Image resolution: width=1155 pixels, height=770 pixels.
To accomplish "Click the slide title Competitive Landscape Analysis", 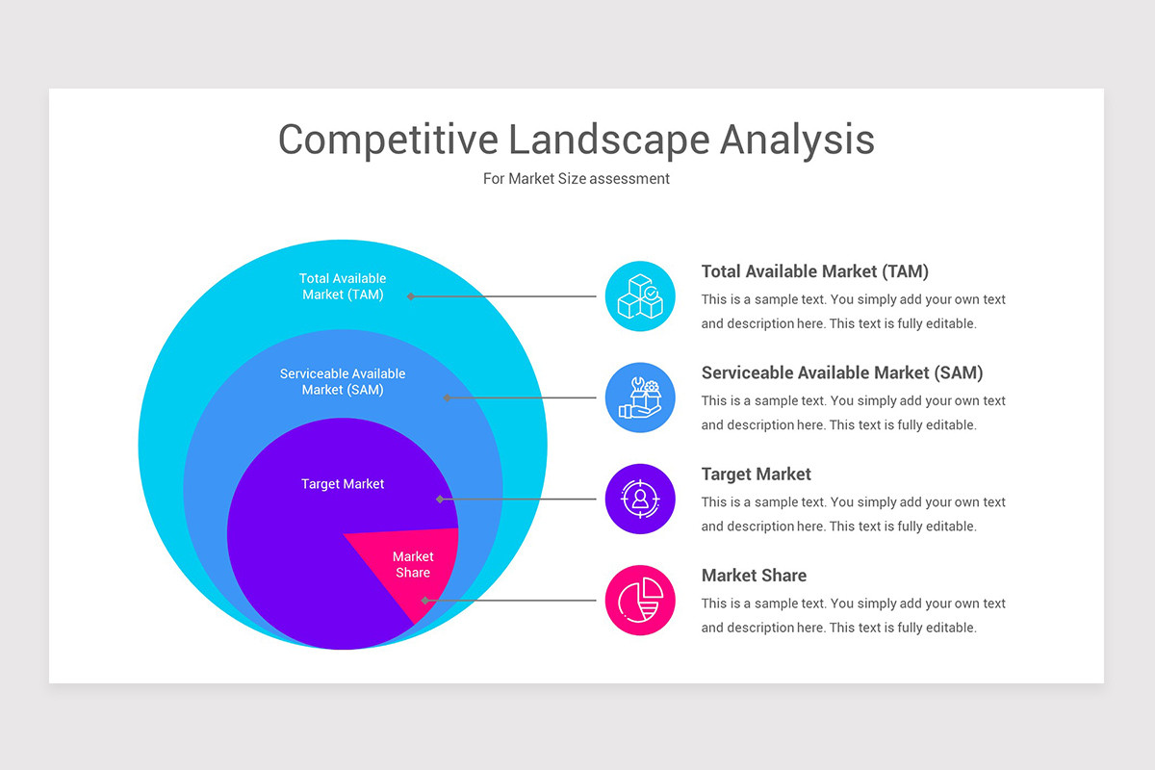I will [576, 140].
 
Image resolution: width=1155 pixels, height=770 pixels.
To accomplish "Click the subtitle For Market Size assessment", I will [576, 179].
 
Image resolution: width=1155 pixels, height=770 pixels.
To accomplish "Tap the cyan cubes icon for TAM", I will [640, 296].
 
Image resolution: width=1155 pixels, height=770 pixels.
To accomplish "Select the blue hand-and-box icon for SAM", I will [640, 398].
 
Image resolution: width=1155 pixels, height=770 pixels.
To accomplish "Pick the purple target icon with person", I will [640, 499].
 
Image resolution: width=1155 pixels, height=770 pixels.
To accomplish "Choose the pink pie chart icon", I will [640, 601].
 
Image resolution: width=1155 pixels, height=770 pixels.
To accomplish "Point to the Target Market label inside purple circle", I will [343, 484].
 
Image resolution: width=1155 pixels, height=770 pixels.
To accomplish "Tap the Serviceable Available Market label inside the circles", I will [343, 381].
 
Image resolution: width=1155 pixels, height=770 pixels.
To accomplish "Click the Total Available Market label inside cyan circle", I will [343, 287].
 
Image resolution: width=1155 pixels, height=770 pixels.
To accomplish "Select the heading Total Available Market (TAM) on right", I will [814, 271].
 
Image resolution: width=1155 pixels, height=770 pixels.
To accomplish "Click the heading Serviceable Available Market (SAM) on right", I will [841, 372].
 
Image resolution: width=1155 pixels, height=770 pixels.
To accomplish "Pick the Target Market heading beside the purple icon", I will [756, 475].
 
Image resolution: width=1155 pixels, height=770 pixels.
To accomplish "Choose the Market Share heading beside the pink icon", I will [754, 576].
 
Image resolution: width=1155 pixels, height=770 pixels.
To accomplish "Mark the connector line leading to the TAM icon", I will [505, 296].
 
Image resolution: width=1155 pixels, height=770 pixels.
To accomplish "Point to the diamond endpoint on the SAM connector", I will [447, 398].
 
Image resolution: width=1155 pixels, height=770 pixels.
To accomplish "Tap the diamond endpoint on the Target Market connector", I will [440, 499].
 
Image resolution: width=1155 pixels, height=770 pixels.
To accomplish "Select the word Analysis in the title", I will [797, 140].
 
